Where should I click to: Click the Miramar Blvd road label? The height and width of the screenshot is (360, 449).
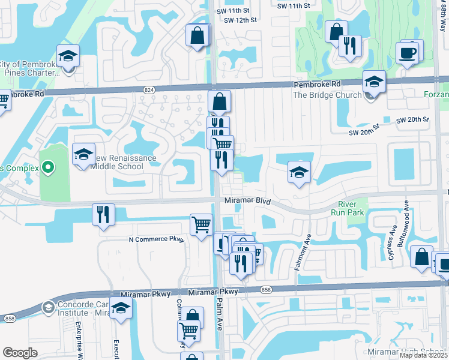[x=248, y=201]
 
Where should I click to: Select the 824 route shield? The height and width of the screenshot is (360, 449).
[x=149, y=89]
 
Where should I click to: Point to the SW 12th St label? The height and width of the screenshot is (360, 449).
[x=240, y=20]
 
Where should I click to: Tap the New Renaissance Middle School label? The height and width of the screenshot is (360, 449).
[x=122, y=162]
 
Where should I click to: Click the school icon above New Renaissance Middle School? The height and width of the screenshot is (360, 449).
[x=83, y=154]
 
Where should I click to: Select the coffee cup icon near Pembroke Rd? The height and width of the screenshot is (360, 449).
[x=406, y=53]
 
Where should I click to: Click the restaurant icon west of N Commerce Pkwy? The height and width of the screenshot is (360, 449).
[x=103, y=214]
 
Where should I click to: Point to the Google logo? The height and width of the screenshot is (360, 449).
[x=20, y=353]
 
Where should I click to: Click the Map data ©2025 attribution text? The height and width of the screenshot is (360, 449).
[x=423, y=355]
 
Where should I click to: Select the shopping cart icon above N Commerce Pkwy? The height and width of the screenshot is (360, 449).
[x=201, y=224]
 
